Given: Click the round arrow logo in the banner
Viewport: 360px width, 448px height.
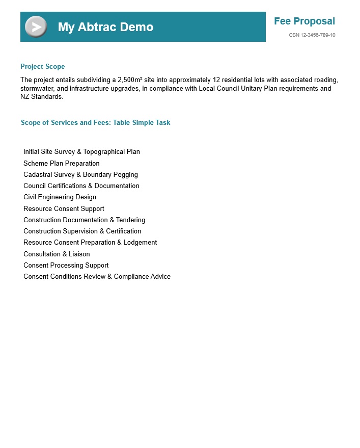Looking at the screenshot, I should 36,27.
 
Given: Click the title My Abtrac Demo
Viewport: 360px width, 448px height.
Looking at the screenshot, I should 105,27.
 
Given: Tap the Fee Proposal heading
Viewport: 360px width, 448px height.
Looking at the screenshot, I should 304,21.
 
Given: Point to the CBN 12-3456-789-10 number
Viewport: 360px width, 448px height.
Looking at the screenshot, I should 312,35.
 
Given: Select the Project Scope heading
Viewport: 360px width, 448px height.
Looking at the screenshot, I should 43,67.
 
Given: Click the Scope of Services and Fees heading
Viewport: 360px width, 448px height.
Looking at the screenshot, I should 96,123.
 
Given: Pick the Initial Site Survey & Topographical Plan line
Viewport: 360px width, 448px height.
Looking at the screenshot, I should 81,152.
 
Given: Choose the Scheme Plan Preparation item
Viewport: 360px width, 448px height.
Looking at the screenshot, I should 62,164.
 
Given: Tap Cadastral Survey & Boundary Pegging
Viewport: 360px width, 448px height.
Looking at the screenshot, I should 80,175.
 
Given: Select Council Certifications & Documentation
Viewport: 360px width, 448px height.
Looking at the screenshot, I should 81,186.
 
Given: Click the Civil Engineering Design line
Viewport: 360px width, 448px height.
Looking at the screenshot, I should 60,197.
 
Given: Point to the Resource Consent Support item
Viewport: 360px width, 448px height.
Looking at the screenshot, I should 64,209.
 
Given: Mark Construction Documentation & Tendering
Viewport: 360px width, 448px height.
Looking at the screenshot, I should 84,220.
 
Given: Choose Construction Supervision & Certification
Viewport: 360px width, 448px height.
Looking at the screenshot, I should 82,231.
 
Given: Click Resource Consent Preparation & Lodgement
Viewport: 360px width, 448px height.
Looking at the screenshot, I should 90,243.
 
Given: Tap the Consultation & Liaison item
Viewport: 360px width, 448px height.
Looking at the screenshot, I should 57,254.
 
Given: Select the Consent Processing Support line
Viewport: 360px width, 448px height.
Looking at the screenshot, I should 66,266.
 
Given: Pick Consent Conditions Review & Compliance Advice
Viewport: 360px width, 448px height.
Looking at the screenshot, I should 97,277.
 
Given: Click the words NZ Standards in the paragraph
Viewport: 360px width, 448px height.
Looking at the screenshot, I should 41,97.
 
